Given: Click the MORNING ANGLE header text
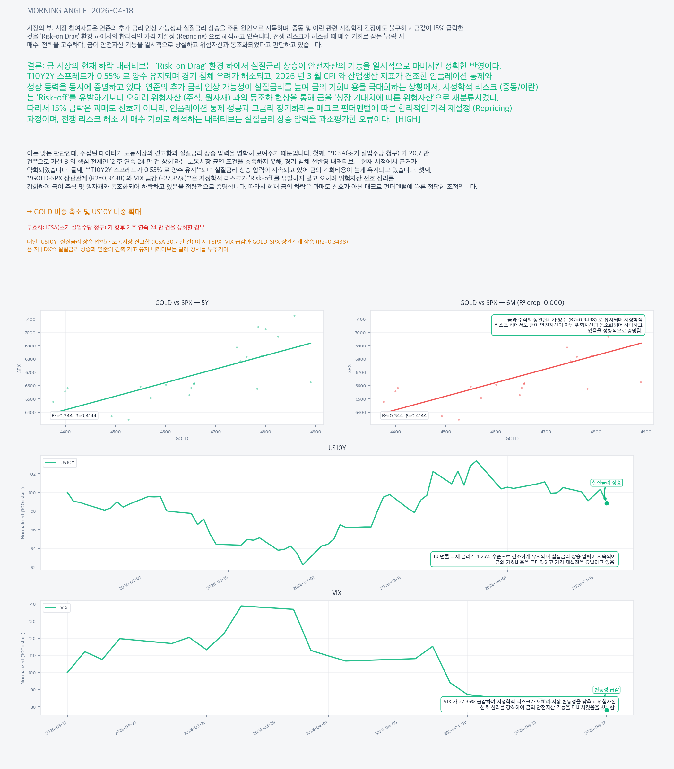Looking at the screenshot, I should pyautogui.click(x=57, y=11).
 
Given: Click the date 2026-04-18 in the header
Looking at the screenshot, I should pyautogui.click(x=112, y=11).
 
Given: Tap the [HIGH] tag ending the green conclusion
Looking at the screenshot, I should pyautogui.click(x=408, y=119).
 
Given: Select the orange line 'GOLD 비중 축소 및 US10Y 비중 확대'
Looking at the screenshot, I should pyautogui.click(x=84, y=212).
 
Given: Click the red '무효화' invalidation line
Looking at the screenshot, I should pyautogui.click(x=116, y=227).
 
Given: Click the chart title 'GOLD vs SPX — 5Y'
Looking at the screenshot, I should pyautogui.click(x=182, y=303).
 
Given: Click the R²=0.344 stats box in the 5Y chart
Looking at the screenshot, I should pyautogui.click(x=74, y=416).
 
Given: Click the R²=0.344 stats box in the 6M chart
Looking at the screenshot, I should pyautogui.click(x=404, y=416).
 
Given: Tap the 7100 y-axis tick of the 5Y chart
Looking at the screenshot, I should pyautogui.click(x=30, y=319).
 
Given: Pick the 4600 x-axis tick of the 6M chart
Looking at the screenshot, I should pyautogui.click(x=496, y=432).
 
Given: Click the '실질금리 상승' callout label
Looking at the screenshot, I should pyautogui.click(x=606, y=483).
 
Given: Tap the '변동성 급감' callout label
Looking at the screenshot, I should pyautogui.click(x=606, y=690).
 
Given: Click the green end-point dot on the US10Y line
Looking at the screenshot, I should pyautogui.click(x=607, y=503).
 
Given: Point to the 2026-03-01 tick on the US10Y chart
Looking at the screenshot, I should pyautogui.click(x=304, y=583).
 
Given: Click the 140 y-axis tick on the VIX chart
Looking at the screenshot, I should pyautogui.click(x=32, y=604).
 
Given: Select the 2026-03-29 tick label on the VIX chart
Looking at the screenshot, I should pyautogui.click(x=264, y=728).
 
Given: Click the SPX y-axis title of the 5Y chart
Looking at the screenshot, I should pyautogui.click(x=19, y=368).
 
